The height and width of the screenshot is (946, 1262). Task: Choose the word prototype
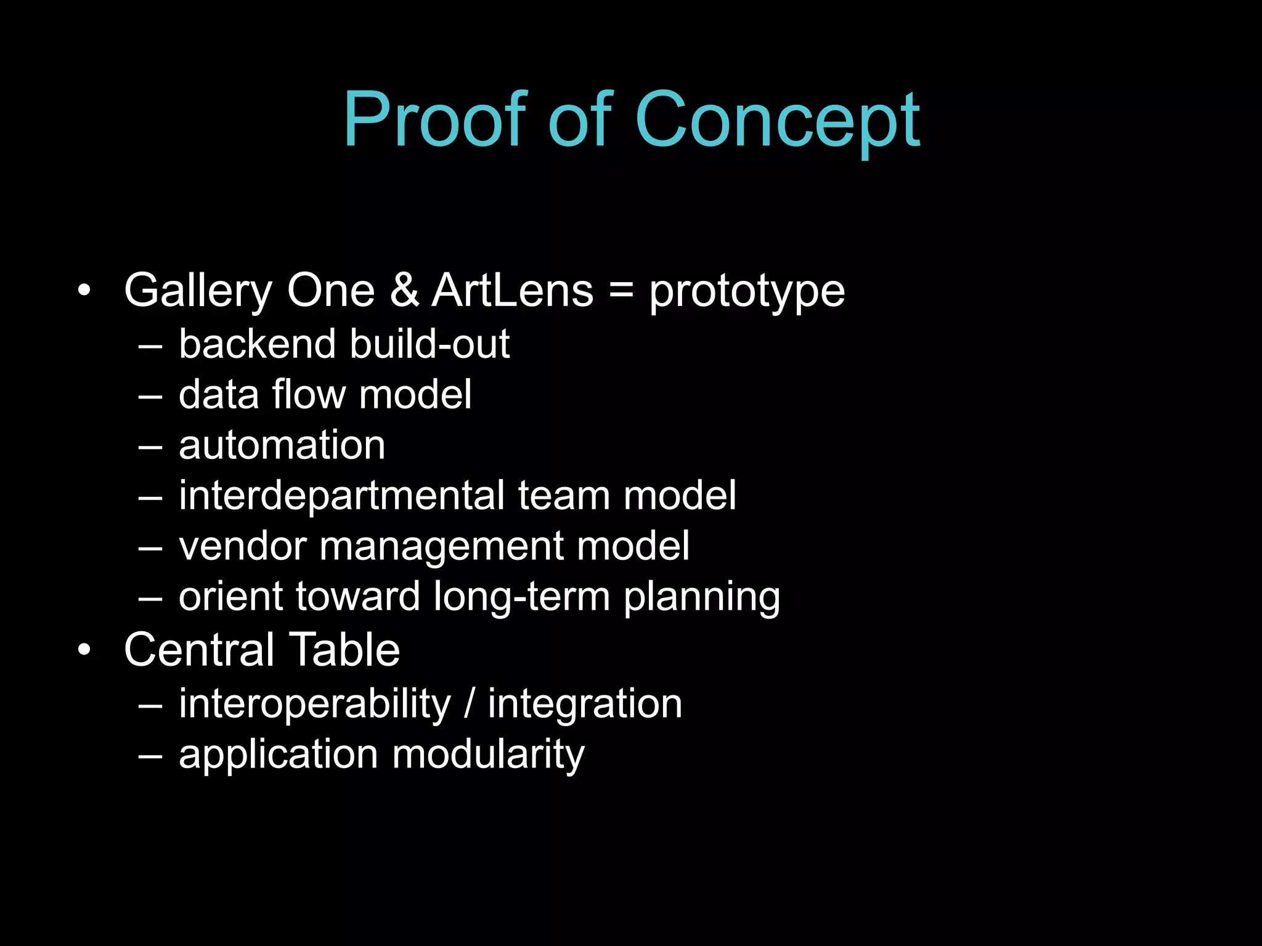747,293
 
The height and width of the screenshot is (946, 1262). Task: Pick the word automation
282,445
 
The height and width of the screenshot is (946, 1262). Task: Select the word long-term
521,597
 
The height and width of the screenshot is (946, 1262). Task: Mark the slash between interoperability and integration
470,704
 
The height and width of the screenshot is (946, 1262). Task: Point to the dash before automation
150,447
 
